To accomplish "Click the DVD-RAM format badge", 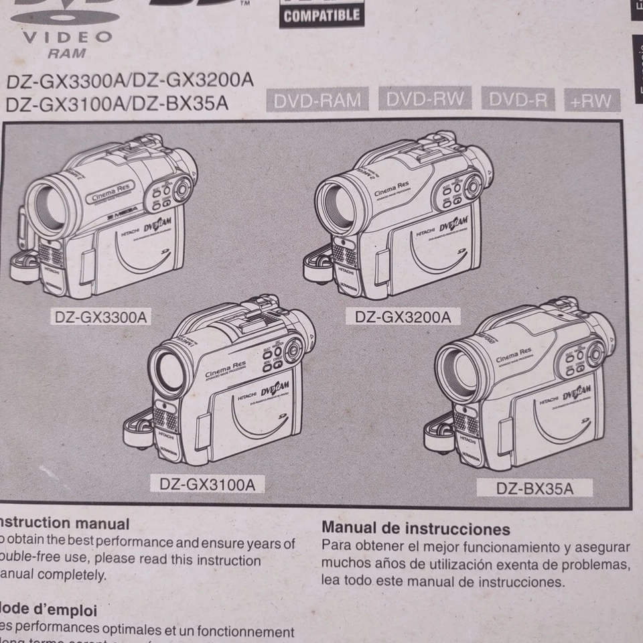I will point(317,100).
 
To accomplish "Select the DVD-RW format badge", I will point(425,99).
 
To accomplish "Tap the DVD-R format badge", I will point(518,100).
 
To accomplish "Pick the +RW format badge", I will point(591,101).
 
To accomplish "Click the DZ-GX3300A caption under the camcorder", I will point(100,316).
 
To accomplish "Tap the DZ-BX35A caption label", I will point(534,487).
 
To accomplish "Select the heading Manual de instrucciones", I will point(415,528).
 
